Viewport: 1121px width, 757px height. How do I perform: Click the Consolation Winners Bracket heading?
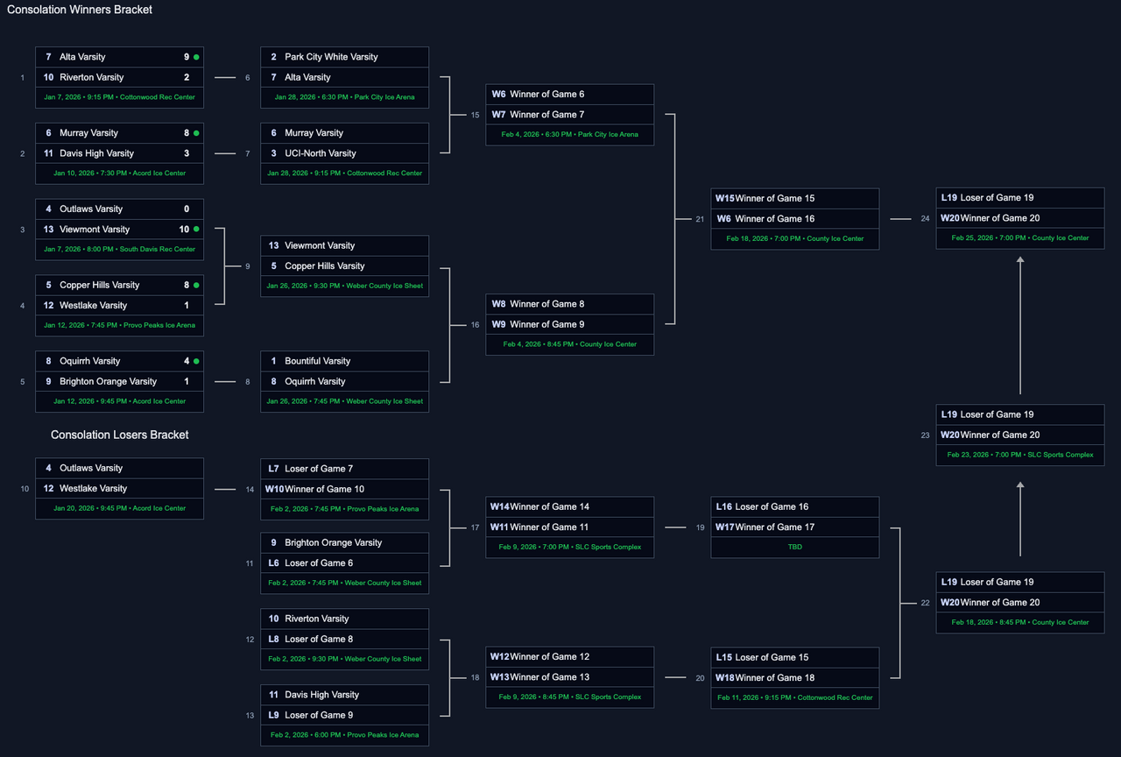tap(80, 10)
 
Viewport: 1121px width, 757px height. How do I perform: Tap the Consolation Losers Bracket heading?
tap(119, 435)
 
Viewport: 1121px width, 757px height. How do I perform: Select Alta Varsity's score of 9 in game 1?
tap(187, 57)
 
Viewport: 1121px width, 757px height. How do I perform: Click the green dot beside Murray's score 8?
tap(196, 133)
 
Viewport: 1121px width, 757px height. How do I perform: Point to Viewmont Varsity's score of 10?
tap(184, 230)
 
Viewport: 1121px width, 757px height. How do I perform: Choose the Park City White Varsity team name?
tap(331, 57)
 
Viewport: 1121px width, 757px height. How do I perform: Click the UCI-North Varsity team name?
tap(321, 153)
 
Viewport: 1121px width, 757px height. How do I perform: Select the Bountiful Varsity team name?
tap(317, 361)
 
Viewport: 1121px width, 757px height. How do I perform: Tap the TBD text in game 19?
tap(794, 547)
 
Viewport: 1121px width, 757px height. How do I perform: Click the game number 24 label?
tap(925, 219)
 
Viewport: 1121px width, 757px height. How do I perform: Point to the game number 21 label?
tap(699, 219)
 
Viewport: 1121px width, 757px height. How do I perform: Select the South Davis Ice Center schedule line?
tap(119, 249)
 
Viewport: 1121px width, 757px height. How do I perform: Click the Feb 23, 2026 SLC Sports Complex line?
tap(1019, 455)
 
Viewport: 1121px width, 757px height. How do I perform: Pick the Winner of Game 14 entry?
tap(551, 506)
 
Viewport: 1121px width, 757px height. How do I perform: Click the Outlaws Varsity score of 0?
tap(187, 209)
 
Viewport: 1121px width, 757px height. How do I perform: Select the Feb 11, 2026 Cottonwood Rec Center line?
tap(794, 697)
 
